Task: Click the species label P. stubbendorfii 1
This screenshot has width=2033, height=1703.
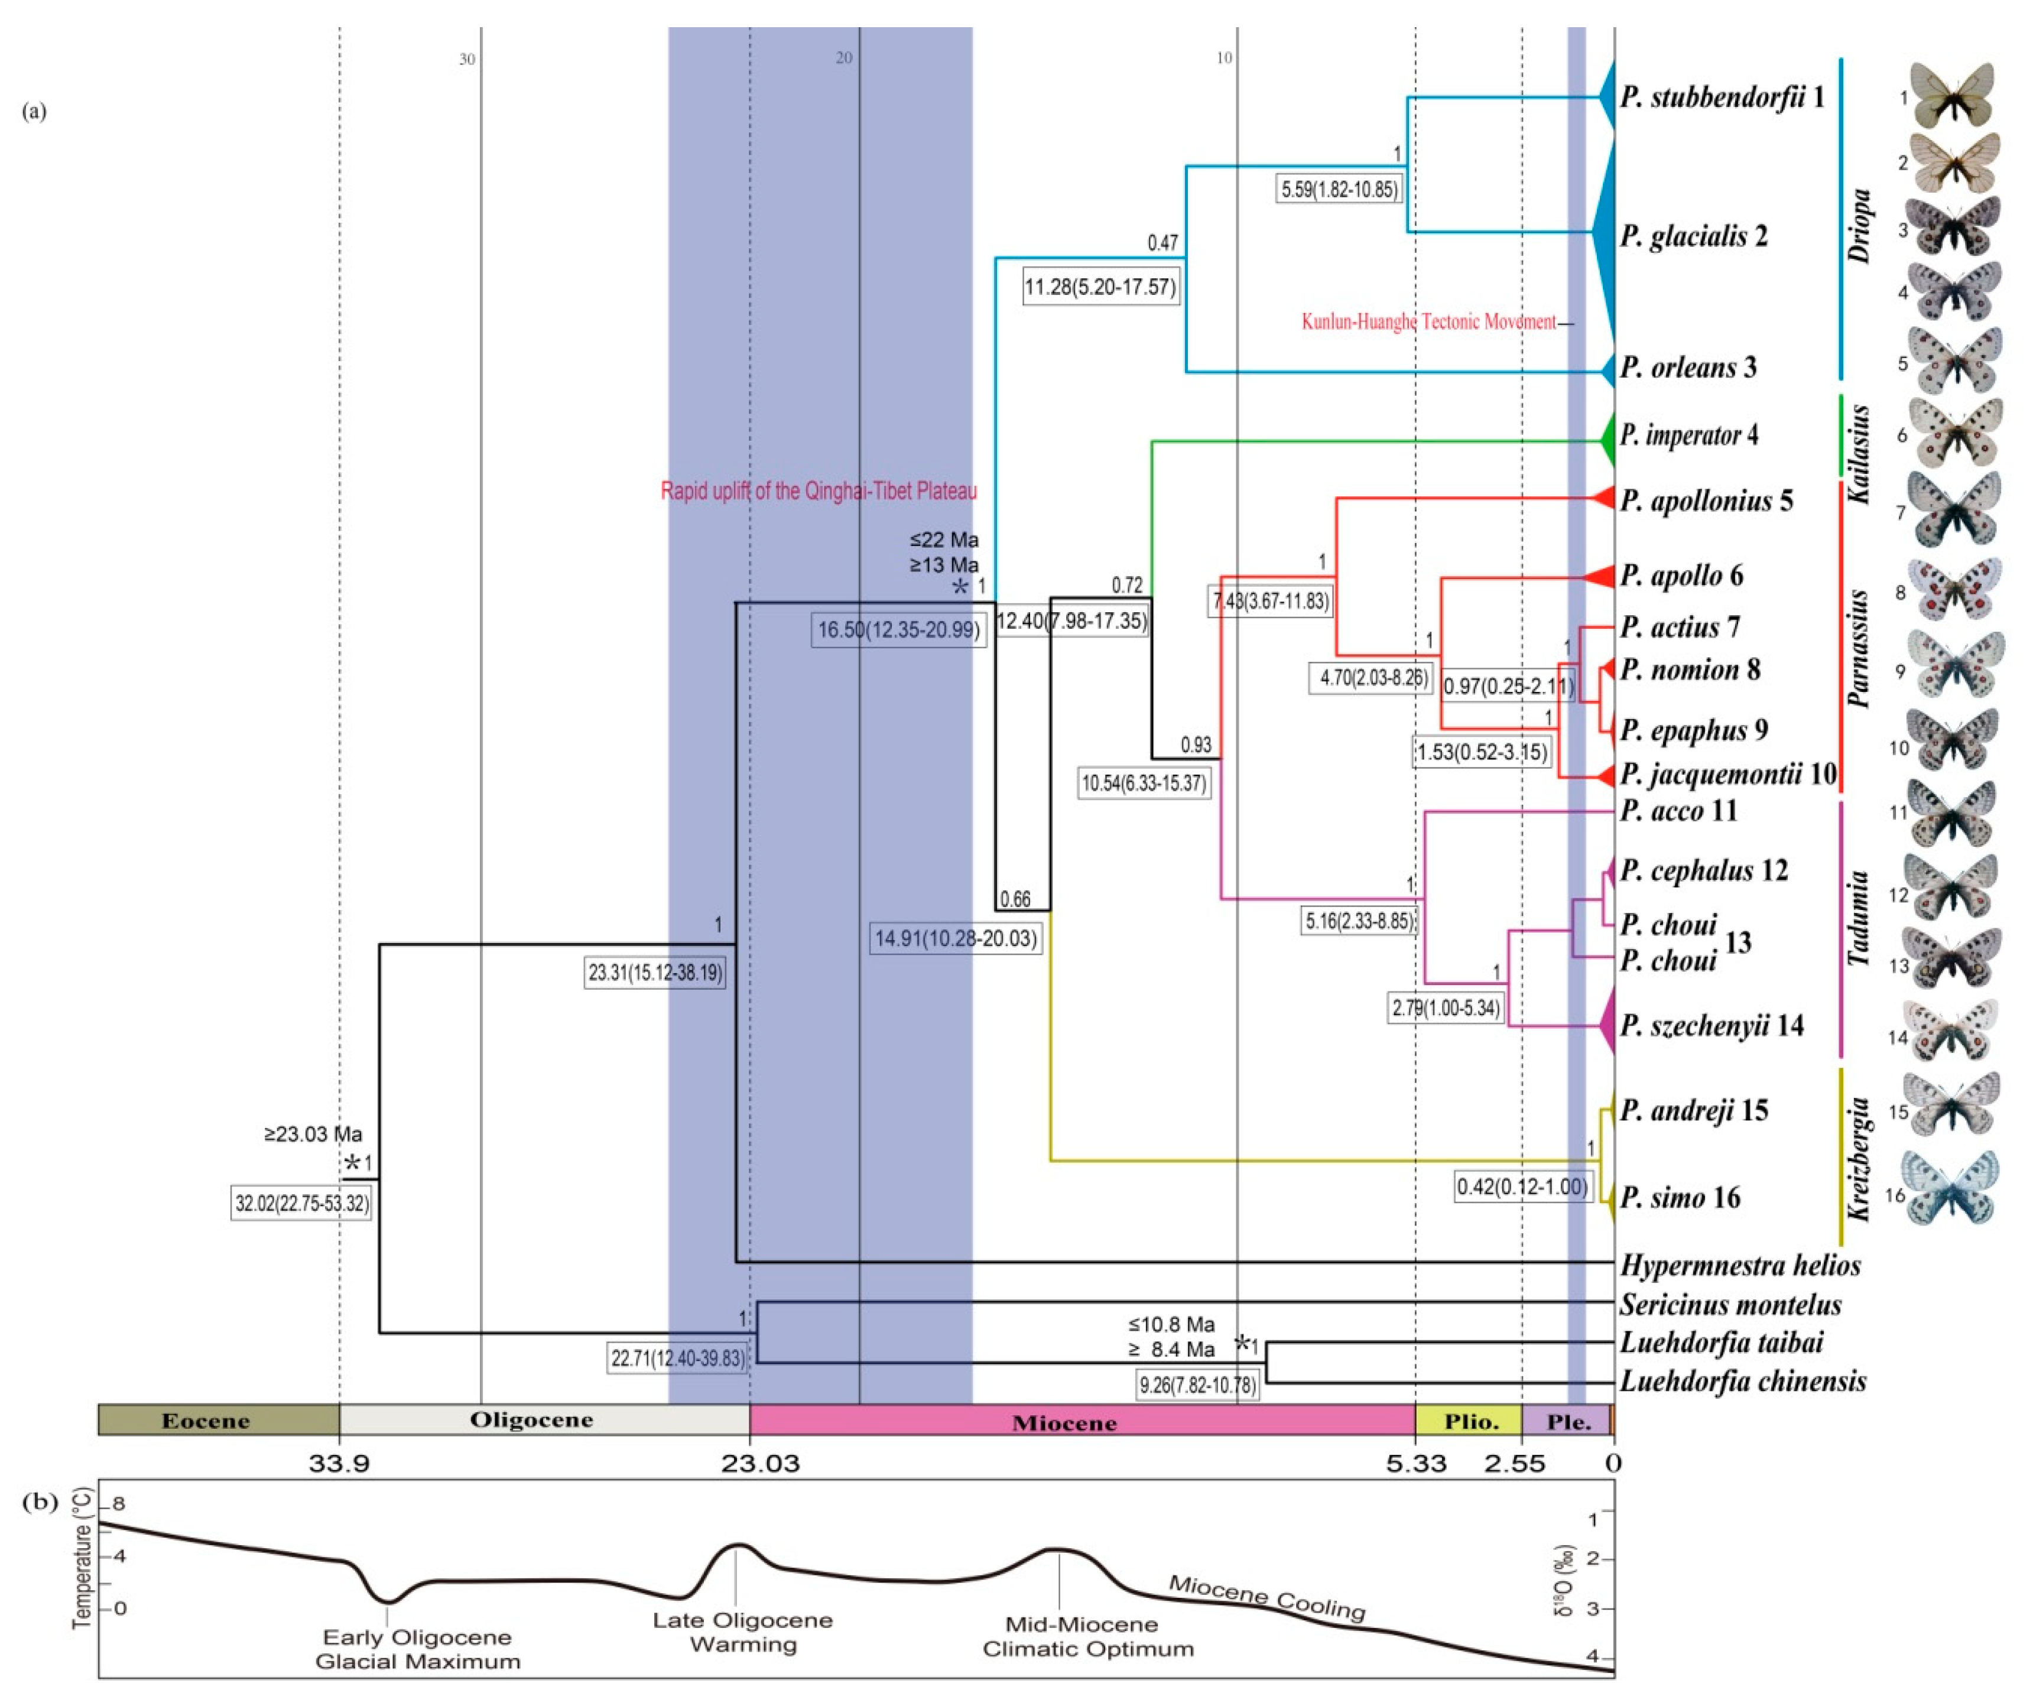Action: pyautogui.click(x=1722, y=97)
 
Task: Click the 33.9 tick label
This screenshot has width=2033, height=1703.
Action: pyautogui.click(x=339, y=1463)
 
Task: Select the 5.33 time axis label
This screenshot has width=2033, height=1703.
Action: pyautogui.click(x=1415, y=1463)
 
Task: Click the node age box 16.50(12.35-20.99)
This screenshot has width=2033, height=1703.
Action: pyautogui.click(x=898, y=630)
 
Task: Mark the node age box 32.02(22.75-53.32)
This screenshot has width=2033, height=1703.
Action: pyautogui.click(x=302, y=1204)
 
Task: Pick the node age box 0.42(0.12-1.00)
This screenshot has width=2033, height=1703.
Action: pyautogui.click(x=1523, y=1187)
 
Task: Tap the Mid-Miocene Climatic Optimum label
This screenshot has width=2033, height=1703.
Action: pyautogui.click(x=1087, y=1636)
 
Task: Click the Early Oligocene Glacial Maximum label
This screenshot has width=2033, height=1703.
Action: pyautogui.click(x=417, y=1649)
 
